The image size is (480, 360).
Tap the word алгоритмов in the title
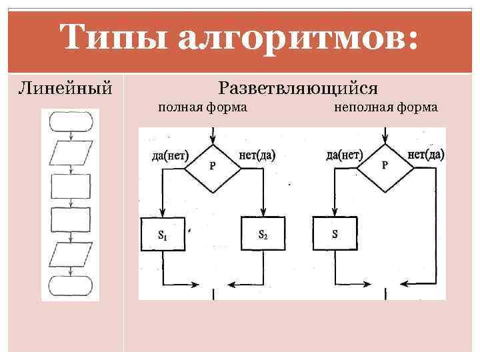click(300, 38)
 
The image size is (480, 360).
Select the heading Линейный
click(65, 88)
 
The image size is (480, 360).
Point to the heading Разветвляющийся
click(298, 88)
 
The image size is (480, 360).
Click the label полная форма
click(202, 107)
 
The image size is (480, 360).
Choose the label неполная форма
click(385, 107)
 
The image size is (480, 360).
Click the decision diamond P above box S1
click(213, 167)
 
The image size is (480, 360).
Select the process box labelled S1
click(163, 234)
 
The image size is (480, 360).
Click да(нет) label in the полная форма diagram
click(171, 156)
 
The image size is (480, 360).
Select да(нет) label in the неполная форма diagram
click(344, 155)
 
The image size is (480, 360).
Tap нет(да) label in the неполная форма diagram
click(425, 155)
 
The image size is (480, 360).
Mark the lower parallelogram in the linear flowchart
click(71, 254)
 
